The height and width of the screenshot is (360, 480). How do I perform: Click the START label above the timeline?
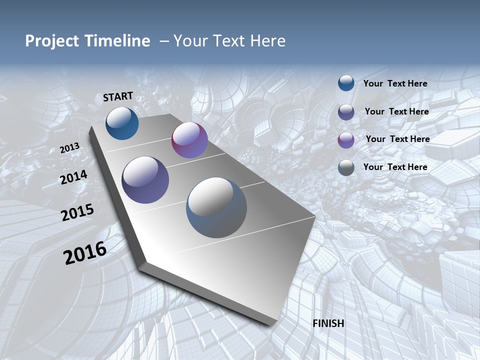click(x=118, y=96)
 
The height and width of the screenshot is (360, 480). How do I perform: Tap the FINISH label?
click(x=328, y=323)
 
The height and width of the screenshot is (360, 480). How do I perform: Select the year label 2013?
click(x=69, y=148)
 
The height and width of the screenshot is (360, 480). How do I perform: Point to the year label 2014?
click(x=73, y=177)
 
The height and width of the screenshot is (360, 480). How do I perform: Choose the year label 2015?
click(x=77, y=212)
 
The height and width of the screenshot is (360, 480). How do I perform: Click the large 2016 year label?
click(x=85, y=253)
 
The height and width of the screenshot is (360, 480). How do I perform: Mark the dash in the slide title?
click(x=164, y=41)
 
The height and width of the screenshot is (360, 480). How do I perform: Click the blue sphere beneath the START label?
click(x=122, y=123)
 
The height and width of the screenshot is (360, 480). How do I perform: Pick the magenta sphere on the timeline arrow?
click(x=189, y=140)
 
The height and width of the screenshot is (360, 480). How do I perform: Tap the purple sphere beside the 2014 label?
click(x=145, y=180)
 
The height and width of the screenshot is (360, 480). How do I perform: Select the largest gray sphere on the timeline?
click(x=216, y=207)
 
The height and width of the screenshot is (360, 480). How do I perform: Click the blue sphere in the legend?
click(x=346, y=83)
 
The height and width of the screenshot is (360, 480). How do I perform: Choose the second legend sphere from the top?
click(x=346, y=112)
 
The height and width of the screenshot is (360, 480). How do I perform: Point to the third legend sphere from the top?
click(x=346, y=140)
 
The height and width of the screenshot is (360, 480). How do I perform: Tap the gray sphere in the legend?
click(x=346, y=168)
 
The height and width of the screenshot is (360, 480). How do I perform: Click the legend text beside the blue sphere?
click(x=395, y=83)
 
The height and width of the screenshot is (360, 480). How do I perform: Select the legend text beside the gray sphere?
click(x=395, y=167)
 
